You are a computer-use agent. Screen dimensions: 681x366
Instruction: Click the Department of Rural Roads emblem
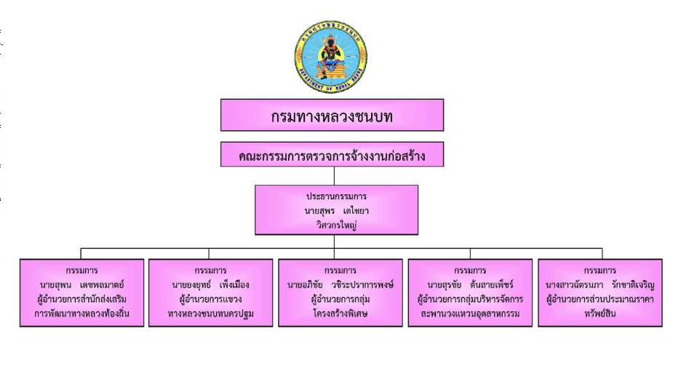pos(330,56)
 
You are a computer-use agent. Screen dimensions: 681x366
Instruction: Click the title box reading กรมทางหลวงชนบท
pos(332,115)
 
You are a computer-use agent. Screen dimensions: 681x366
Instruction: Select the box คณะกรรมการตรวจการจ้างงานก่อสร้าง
pos(332,154)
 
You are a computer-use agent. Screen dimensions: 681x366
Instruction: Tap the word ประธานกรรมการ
pos(336,196)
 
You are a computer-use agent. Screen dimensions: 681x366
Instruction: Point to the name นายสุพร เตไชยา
pos(336,211)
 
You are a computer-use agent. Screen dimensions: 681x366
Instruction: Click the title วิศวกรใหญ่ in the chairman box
pos(336,225)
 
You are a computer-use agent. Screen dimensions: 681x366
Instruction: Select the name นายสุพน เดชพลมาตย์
pos(81,285)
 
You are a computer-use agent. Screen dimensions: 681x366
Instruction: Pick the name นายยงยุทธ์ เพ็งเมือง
pos(211,285)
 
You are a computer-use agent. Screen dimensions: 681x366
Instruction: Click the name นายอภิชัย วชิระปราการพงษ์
pos(340,285)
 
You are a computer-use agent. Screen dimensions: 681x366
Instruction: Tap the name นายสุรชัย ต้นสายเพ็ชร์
pos(470,285)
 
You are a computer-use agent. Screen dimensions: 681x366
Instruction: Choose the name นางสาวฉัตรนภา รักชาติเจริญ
pos(600,285)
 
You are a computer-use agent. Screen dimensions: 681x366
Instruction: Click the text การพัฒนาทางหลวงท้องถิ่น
pos(81,314)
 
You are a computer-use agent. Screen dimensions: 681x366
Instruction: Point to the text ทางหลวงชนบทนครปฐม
pos(211,314)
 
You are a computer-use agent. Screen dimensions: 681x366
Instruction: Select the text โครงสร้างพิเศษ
pos(340,314)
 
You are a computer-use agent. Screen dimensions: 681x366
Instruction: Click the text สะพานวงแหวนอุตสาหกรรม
pos(470,314)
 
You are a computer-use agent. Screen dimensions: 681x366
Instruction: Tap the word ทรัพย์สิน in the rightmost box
pos(600,314)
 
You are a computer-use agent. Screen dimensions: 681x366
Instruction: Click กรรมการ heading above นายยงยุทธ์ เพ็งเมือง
pos(211,271)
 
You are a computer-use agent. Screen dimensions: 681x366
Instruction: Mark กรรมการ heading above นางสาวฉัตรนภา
pos(600,271)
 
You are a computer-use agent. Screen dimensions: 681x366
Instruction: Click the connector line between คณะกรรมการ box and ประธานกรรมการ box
pos(334,176)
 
